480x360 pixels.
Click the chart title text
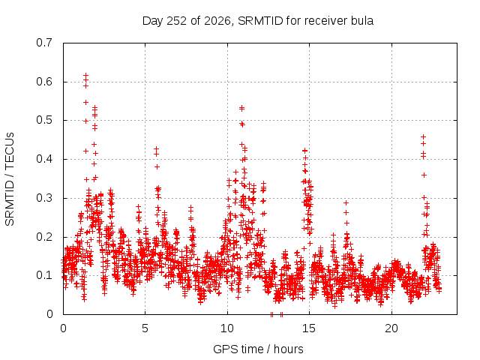[258, 21]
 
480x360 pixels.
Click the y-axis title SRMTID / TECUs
[10, 179]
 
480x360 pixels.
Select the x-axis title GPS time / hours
[258, 349]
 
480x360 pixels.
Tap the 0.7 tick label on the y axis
[44, 43]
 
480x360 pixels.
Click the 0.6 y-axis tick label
[44, 82]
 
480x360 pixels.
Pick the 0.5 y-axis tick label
[44, 120]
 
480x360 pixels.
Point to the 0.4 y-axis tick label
[44, 159]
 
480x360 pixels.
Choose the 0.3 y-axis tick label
[44, 198]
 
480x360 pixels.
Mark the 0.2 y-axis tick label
[44, 237]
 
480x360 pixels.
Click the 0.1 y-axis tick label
[44, 275]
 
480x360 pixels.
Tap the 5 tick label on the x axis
[145, 328]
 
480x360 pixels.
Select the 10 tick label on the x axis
[227, 328]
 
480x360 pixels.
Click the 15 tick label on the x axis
[309, 328]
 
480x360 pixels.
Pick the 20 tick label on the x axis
[391, 328]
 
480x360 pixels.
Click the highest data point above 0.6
[86, 75]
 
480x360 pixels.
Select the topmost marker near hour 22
[423, 136]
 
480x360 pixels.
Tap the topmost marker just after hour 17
[346, 202]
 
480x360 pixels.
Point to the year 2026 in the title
[217, 21]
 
